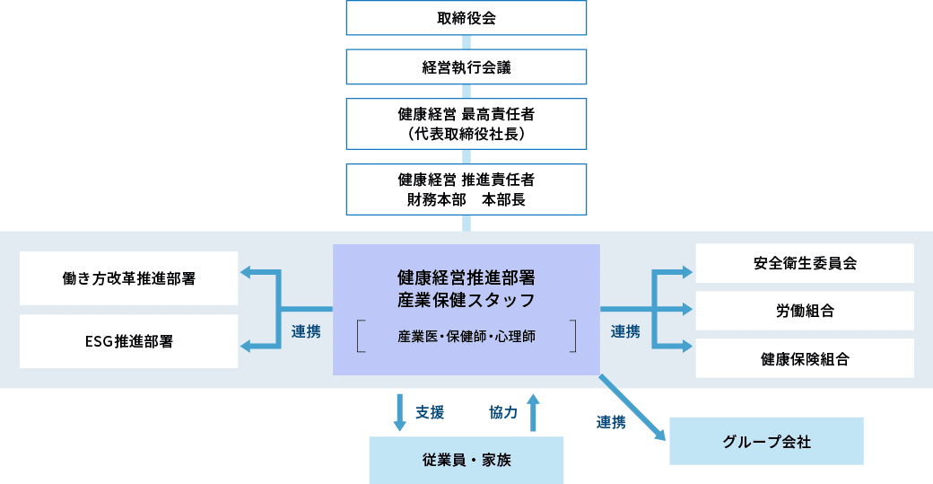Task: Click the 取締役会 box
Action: click(466, 17)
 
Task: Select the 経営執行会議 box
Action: click(466, 66)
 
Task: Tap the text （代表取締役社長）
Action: click(466, 135)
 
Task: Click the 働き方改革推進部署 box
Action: click(129, 277)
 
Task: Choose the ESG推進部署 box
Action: click(129, 341)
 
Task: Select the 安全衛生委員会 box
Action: click(805, 263)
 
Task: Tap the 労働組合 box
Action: click(805, 311)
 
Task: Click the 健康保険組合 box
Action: click(805, 358)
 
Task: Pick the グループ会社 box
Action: click(766, 441)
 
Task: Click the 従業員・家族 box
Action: click(466, 460)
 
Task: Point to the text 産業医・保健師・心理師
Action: click(466, 337)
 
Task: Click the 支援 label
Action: click(430, 412)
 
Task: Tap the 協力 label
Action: click(503, 412)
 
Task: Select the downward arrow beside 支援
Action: click(399, 411)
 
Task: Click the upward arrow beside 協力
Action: click(534, 411)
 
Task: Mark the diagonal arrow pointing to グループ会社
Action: click(632, 408)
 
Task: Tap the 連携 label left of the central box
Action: click(306, 331)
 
